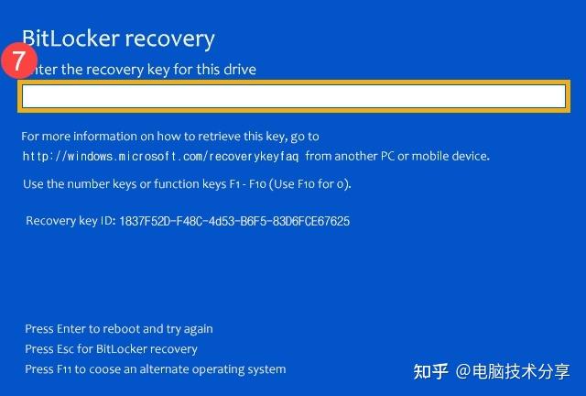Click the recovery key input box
pos(293,96)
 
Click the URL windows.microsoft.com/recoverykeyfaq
pos(164,156)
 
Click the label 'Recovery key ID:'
pos(70,221)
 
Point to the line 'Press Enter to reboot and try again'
pos(119,329)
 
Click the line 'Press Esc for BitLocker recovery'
pos(111,349)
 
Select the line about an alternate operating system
pos(156,369)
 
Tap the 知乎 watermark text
pos(430,371)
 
